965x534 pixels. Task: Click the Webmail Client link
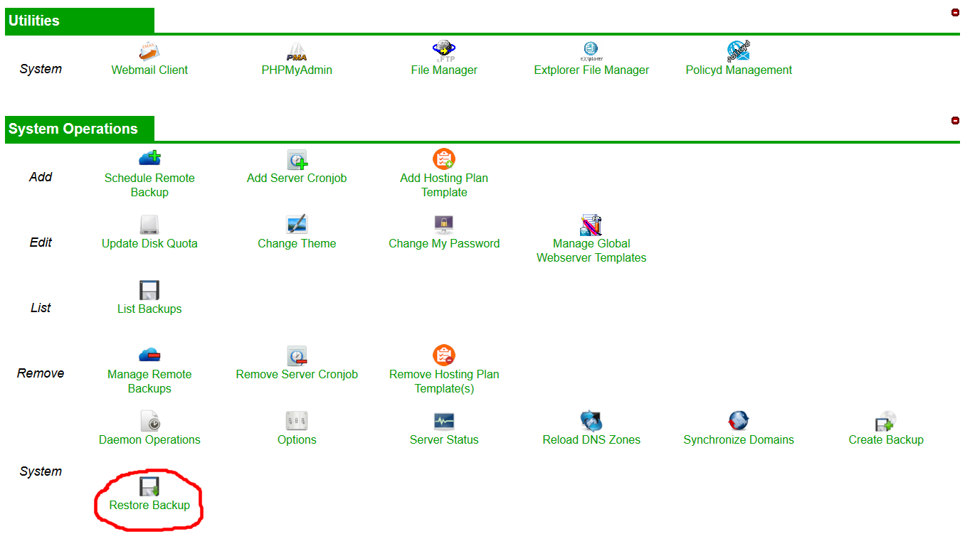tap(149, 70)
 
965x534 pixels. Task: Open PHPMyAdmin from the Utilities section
tap(297, 70)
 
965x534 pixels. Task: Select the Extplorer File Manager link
tap(591, 70)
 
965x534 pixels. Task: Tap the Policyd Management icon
tap(739, 51)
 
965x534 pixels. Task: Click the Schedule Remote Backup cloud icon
tap(149, 158)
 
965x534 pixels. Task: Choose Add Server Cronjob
tap(297, 178)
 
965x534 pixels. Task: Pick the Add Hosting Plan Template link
tap(444, 185)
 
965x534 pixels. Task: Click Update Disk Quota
tap(149, 243)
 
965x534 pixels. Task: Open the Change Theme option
tap(297, 243)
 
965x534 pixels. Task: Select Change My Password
tap(444, 243)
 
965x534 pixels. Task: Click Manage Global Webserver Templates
tap(591, 250)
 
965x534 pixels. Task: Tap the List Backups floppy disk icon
tap(149, 290)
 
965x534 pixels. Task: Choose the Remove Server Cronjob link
tap(297, 374)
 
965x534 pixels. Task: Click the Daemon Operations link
tap(149, 439)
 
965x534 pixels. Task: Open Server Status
tap(444, 439)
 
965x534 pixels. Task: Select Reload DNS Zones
tap(591, 439)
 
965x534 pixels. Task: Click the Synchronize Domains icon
tap(739, 421)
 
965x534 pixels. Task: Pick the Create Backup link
tap(886, 439)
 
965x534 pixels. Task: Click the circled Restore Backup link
tap(149, 505)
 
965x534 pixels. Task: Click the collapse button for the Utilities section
tap(955, 12)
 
